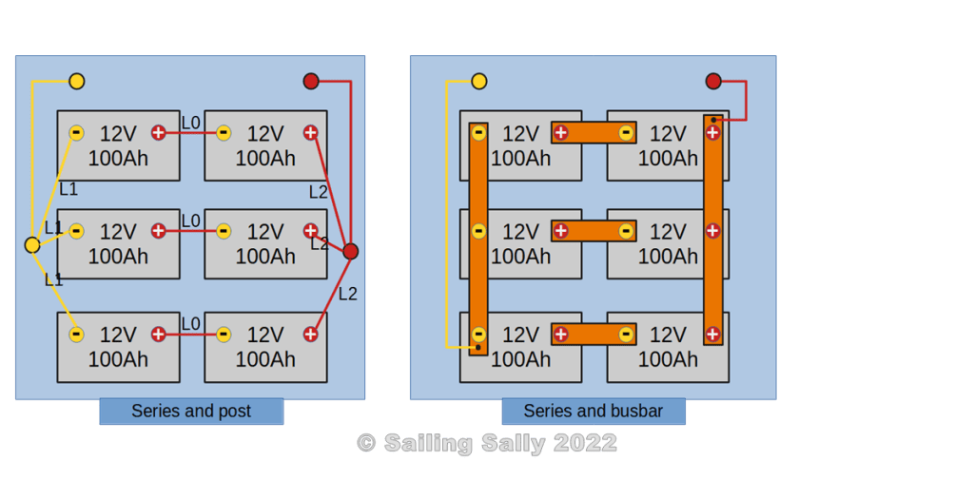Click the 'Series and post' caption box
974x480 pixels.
pyautogui.click(x=191, y=412)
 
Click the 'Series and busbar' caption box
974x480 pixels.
pyautogui.click(x=593, y=412)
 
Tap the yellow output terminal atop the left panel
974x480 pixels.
pyautogui.click(x=77, y=82)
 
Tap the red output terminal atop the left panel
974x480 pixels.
pyautogui.click(x=311, y=82)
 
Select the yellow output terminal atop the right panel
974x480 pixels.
pyautogui.click(x=479, y=82)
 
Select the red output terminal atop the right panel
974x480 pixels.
pyautogui.click(x=713, y=82)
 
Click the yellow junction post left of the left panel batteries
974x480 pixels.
pyautogui.click(x=32, y=245)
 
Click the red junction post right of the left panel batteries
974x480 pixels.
pyautogui.click(x=350, y=251)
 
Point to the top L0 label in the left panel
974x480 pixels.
pyautogui.click(x=190, y=123)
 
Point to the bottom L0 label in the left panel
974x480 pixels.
pyautogui.click(x=190, y=324)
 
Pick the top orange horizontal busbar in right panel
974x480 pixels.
pyautogui.click(x=594, y=133)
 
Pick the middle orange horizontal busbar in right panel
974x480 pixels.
pyautogui.click(x=594, y=231)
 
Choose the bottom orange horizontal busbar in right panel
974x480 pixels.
pyautogui.click(x=594, y=335)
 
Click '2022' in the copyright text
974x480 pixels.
pyautogui.click(x=585, y=444)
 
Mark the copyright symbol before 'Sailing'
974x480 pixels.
pyautogui.click(x=366, y=444)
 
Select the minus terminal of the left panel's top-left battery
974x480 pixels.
pyautogui.click(x=77, y=133)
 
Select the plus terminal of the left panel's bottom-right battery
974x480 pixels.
pyautogui.click(x=311, y=335)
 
